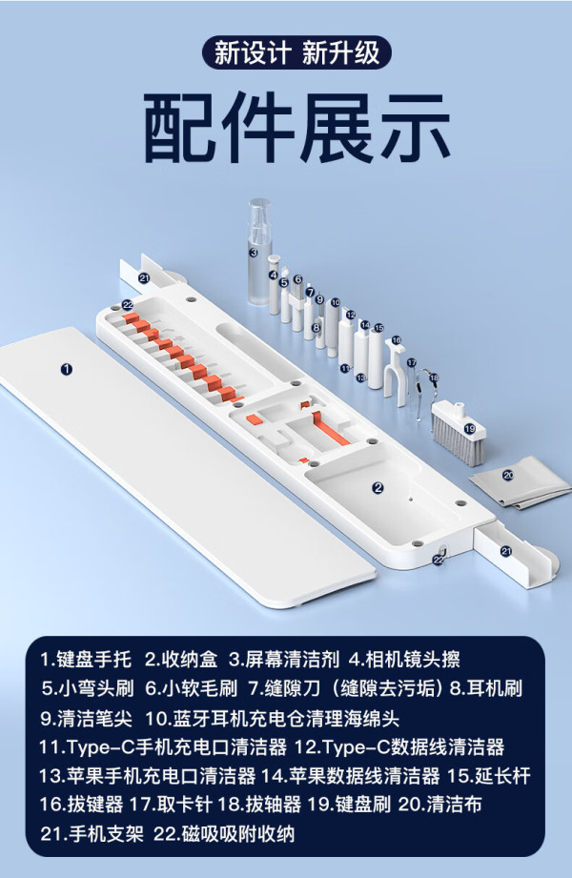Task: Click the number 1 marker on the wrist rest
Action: pos(67,369)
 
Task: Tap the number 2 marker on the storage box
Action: pos(378,488)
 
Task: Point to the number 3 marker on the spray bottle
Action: pos(254,253)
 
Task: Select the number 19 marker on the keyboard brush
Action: pos(469,429)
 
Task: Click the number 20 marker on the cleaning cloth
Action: pos(508,476)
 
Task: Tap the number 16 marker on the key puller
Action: pos(396,340)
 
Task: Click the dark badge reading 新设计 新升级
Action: pos(296,53)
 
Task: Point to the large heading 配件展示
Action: pos(297,128)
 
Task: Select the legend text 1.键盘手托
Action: pos(86,660)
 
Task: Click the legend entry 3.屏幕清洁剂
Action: pos(284,660)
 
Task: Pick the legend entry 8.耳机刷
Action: pos(486,688)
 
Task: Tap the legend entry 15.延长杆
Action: pos(488,776)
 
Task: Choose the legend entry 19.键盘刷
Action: pos(349,805)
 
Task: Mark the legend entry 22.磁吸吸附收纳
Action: pos(224,834)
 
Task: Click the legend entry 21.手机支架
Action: pos(92,834)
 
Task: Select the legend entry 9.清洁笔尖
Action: pos(86,718)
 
